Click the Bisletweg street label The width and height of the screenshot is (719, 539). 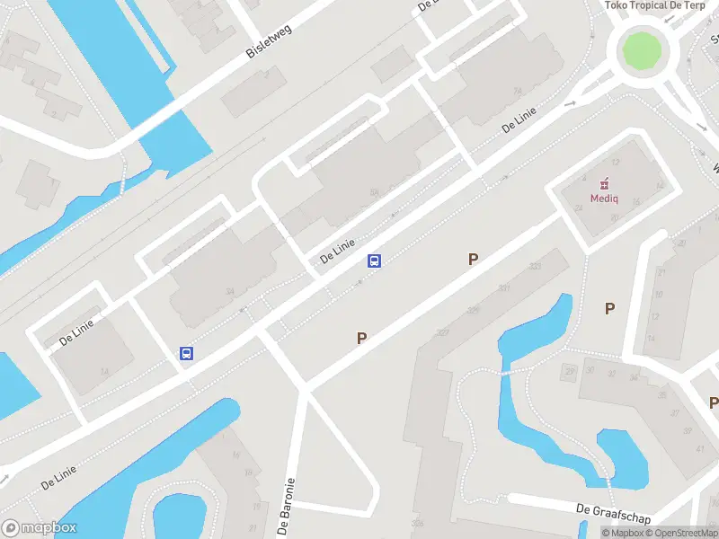[x=271, y=40]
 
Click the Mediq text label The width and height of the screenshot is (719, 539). [x=603, y=199]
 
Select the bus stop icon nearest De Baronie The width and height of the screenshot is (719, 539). [x=186, y=354]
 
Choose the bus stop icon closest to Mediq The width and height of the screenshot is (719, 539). [x=375, y=261]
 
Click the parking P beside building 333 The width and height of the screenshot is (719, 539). [x=473, y=259]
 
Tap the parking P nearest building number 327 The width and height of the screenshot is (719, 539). [x=361, y=339]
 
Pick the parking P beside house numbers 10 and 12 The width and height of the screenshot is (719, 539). [x=609, y=308]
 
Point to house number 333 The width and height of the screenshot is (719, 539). [x=536, y=266]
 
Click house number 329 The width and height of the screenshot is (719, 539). [x=472, y=310]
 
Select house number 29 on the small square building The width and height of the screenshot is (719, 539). [x=569, y=371]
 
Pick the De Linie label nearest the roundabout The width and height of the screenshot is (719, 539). [x=519, y=119]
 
